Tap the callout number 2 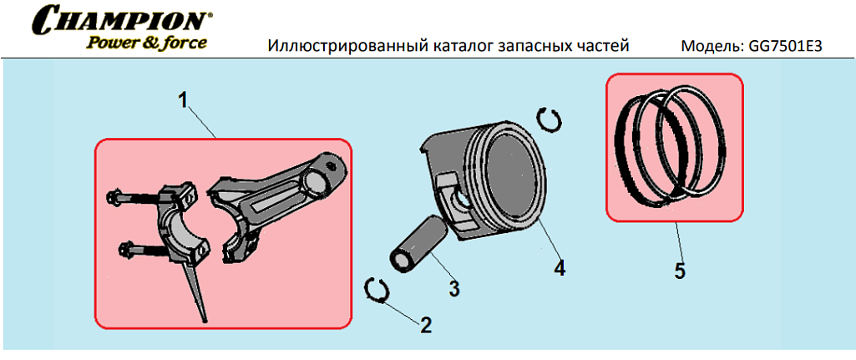(426, 325)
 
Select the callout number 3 (453, 288)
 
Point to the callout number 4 (559, 267)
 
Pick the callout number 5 (680, 271)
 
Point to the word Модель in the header (710, 46)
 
